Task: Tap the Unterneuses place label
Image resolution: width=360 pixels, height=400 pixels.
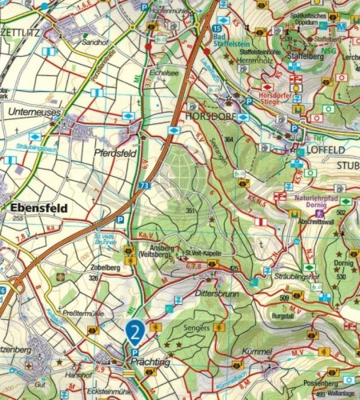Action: point(33,113)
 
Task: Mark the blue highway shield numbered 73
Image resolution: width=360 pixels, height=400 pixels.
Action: point(143,186)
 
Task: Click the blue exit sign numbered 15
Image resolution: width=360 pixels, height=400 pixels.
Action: point(218,28)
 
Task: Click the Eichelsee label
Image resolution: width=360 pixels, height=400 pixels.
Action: point(163,72)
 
